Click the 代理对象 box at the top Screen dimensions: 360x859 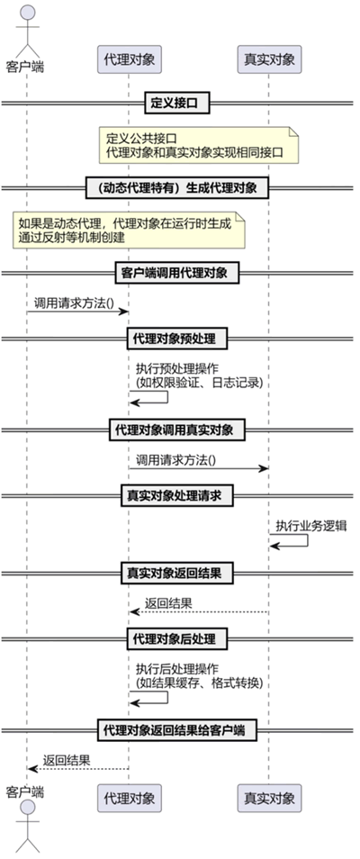[130, 59]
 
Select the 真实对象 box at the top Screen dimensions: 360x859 [269, 59]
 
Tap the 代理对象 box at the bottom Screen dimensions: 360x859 [130, 798]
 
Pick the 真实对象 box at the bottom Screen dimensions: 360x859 [269, 798]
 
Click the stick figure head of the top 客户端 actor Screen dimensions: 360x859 [27, 12]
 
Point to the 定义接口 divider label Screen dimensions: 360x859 [177, 102]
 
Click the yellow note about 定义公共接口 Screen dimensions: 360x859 [199, 145]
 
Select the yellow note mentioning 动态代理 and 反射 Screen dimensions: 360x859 [129, 231]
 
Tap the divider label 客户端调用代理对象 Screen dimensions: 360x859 [177, 272]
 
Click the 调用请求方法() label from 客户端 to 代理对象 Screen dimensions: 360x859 [74, 303]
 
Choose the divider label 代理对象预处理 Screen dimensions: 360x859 [177, 338]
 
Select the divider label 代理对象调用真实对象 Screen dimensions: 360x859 [177, 429]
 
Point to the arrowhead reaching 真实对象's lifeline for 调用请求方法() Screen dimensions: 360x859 [265, 468]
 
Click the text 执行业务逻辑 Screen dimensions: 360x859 [311, 527]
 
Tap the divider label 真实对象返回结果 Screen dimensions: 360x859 [177, 573]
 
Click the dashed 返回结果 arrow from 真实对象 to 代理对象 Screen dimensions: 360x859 [199, 612]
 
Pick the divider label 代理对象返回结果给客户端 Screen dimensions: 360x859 [177, 729]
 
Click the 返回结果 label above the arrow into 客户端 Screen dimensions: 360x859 [67, 760]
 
